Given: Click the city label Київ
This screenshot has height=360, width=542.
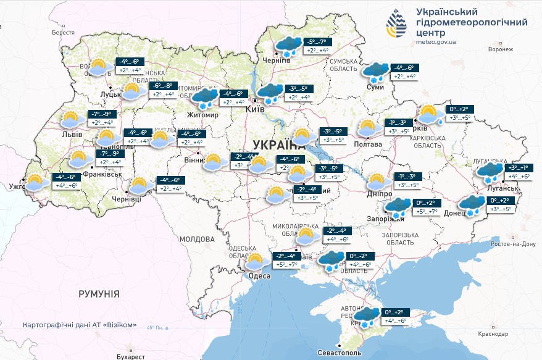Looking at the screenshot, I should (255, 109).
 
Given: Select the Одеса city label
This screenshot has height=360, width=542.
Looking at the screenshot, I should (259, 276).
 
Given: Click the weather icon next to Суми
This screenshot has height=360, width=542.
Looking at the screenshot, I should (375, 73).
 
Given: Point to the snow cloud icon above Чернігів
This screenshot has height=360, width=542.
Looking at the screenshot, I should (288, 47).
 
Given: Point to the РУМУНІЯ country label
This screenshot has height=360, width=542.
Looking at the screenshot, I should (99, 294).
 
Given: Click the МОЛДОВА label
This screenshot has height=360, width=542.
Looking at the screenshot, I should (196, 238).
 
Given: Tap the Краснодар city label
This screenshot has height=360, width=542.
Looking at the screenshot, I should (492, 333).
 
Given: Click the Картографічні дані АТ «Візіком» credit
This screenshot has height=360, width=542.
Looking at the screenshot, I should (80, 325).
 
